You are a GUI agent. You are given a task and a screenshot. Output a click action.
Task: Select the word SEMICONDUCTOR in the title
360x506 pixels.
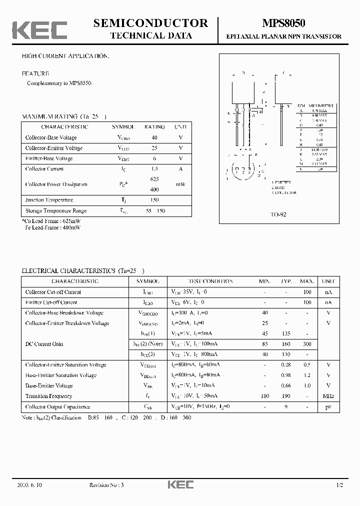(x=150, y=23)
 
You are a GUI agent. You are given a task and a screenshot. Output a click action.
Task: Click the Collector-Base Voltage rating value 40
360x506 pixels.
(x=154, y=137)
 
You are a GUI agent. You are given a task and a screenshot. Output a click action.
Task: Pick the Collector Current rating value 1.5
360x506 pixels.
(x=154, y=169)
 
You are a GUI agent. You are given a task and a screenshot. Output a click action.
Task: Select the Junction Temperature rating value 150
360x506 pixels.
(x=154, y=200)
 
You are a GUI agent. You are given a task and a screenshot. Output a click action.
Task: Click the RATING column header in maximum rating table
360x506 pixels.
(x=154, y=127)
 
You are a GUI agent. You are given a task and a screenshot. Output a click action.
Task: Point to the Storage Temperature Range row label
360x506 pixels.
(x=56, y=211)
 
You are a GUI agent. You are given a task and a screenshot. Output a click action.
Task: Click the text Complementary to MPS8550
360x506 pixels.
(x=59, y=83)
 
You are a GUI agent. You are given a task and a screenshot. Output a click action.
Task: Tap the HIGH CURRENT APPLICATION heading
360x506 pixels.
(x=64, y=56)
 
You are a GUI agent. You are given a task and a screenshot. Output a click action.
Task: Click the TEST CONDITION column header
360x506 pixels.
(x=210, y=281)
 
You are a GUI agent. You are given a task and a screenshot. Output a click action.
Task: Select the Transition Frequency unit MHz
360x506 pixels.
(x=328, y=396)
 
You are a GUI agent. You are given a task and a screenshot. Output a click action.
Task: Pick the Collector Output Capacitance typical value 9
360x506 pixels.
(x=286, y=407)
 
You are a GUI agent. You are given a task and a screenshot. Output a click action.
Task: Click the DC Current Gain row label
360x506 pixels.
(x=44, y=344)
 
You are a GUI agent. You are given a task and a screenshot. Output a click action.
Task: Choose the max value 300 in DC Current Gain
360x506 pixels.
(x=307, y=344)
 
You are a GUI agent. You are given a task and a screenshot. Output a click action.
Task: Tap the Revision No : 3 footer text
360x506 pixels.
(x=106, y=485)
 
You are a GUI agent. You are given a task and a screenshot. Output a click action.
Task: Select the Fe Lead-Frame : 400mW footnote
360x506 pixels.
(x=52, y=227)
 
